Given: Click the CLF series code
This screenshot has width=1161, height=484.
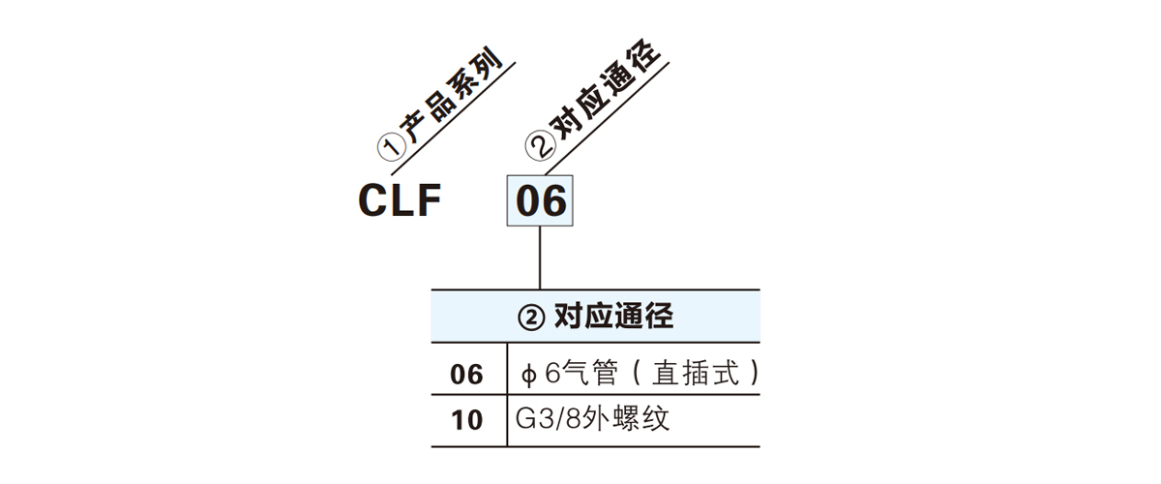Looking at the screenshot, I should click(400, 201).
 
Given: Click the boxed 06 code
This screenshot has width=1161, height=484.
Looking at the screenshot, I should click(540, 201).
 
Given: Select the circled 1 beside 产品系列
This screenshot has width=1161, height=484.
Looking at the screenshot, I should click(390, 148).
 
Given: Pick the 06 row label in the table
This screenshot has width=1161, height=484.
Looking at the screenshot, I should click(467, 374).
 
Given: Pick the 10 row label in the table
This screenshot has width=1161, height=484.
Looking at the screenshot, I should click(467, 421).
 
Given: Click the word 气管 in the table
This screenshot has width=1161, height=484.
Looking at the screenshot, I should click(585, 374).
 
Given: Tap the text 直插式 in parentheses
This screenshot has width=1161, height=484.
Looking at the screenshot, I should click(691, 374).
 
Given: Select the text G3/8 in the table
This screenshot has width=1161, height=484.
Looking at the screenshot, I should click(548, 421).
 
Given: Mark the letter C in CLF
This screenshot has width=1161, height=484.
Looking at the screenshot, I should click(373, 201).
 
